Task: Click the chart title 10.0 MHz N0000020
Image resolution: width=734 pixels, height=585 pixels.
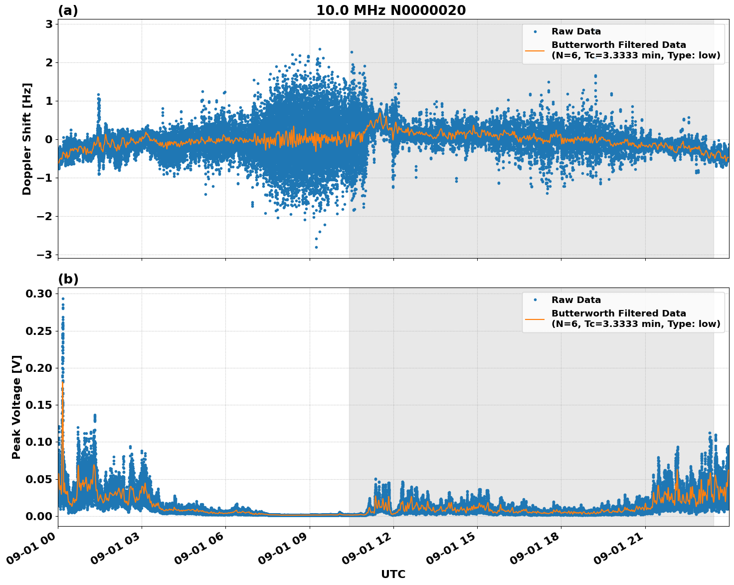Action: pos(391,10)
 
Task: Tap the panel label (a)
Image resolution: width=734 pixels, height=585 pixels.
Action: pos(68,10)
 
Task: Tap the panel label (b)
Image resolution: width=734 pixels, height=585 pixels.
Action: pos(68,279)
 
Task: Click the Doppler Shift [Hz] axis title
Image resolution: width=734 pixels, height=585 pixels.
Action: pos(27,139)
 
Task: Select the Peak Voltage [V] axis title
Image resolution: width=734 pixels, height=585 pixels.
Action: pos(16,407)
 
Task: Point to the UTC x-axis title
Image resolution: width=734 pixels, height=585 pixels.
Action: pos(393,574)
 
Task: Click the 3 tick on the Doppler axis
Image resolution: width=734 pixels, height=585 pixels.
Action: pos(49,24)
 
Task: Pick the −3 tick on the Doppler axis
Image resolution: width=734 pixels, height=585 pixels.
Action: pos(45,255)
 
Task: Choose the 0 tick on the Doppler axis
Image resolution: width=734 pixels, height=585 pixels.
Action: pos(49,139)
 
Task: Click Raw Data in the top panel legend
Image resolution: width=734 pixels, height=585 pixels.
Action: pos(576,31)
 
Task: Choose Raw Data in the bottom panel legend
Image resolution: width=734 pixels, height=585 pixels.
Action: pos(576,300)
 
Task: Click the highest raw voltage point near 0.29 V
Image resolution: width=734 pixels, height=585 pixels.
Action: pos(63,298)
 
